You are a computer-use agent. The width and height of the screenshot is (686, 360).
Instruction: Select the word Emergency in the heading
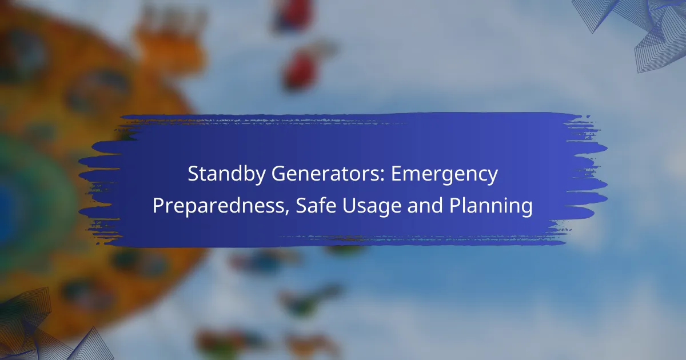[444, 174]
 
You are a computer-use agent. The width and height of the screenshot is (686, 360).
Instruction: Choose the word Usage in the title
[372, 206]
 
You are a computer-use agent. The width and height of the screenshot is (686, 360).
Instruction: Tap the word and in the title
[425, 205]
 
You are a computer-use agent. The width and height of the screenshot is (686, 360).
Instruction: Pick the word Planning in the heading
[491, 206]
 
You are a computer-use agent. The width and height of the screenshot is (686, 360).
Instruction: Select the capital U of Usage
[349, 205]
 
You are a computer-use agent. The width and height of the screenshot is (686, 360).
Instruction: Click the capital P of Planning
[455, 205]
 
